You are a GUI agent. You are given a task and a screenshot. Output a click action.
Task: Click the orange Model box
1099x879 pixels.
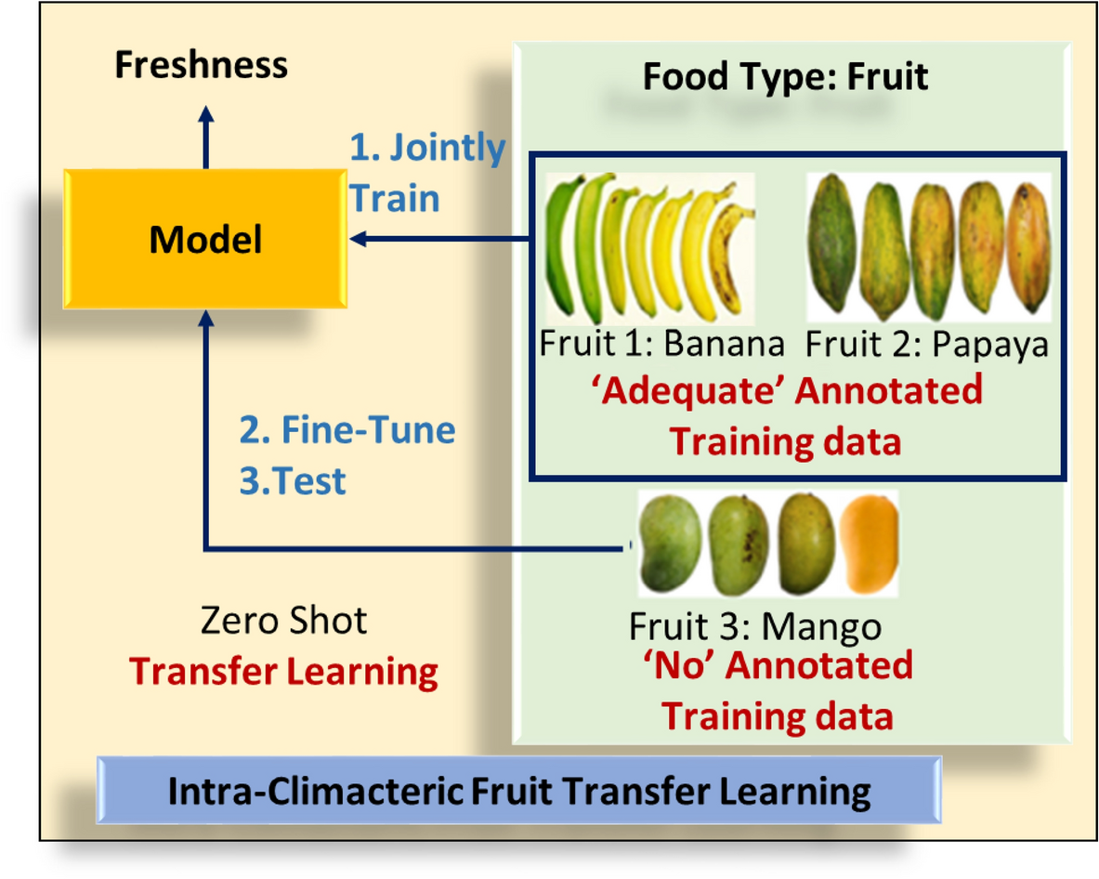tap(205, 241)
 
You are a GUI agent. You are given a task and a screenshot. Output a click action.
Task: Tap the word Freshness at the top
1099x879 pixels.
tap(201, 66)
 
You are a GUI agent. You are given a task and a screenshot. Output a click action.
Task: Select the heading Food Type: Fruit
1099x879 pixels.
tap(785, 76)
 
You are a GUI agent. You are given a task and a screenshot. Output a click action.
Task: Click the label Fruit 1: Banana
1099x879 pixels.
tap(661, 345)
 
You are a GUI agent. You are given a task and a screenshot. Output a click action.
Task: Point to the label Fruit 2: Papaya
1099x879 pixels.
tap(927, 345)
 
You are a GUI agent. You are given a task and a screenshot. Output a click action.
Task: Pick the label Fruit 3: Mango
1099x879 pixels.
tap(754, 627)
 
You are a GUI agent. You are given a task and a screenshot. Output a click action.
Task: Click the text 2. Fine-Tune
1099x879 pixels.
tap(347, 431)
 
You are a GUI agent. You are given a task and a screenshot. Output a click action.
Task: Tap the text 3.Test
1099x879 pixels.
tap(293, 481)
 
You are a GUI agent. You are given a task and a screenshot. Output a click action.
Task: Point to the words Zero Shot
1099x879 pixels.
tap(283, 621)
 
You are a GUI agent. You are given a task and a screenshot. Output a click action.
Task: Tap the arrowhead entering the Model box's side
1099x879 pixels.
tap(360, 240)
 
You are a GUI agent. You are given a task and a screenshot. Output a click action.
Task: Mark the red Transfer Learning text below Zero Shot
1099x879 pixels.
tap(283, 671)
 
